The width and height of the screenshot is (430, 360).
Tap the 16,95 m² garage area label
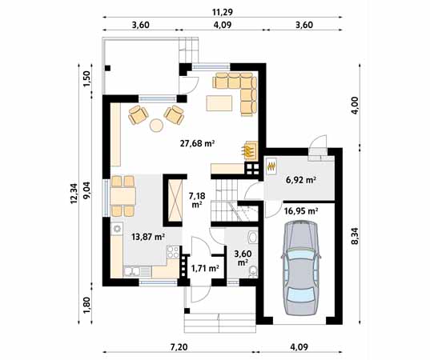pos(301,211)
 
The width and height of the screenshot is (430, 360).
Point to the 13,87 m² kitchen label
pos(147,237)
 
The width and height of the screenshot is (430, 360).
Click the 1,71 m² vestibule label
pos(205,268)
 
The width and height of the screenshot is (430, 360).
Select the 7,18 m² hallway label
pos(196,199)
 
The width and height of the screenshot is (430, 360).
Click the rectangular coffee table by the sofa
pos(219,103)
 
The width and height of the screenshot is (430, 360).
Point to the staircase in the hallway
pos(230,200)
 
